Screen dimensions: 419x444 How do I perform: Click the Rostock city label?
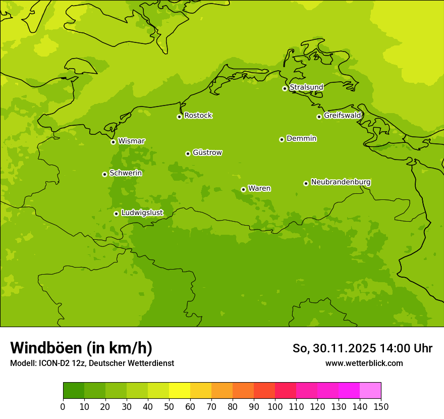(198, 116)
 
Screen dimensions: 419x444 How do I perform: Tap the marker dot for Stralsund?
(285, 88)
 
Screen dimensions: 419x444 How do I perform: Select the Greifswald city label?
(343, 116)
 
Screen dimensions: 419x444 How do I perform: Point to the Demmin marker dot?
(282, 139)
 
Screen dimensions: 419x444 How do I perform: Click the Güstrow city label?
(207, 152)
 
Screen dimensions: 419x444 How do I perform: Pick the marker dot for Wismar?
(113, 142)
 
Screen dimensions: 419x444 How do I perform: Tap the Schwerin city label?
(126, 173)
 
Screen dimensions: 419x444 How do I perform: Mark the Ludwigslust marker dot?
(116, 214)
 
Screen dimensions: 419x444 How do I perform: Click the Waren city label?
(259, 188)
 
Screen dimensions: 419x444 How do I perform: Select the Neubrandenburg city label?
(341, 182)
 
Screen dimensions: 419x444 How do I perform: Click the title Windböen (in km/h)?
(81, 348)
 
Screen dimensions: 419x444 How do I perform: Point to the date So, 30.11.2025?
(334, 348)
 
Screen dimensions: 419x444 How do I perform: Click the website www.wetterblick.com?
(364, 363)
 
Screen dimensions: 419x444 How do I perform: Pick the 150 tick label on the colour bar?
(381, 406)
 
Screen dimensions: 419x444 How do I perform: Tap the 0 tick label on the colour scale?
(63, 406)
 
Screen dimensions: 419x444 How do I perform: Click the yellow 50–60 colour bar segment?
(180, 391)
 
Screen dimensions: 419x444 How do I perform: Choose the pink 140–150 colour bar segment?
(370, 391)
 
